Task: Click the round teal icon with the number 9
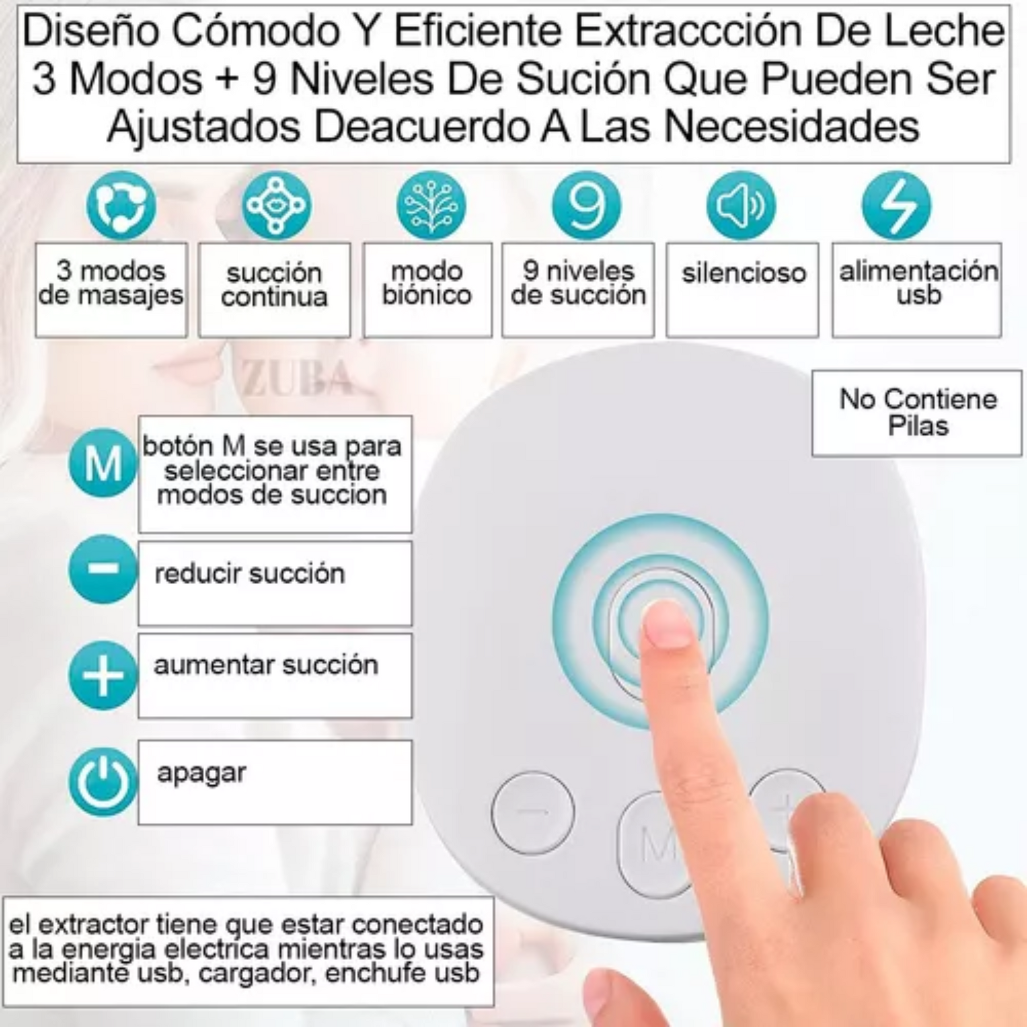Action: point(586,205)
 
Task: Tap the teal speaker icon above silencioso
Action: point(741,205)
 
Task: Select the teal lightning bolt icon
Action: point(897,205)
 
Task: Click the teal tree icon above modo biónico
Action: point(431,205)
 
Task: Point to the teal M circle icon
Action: point(103,463)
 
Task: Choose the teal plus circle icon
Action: point(103,676)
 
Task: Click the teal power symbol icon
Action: point(103,782)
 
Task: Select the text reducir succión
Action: point(249,574)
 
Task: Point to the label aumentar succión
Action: point(266,665)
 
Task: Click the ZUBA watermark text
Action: point(297,377)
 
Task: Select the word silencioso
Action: point(744,273)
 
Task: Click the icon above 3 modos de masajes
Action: point(122,205)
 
